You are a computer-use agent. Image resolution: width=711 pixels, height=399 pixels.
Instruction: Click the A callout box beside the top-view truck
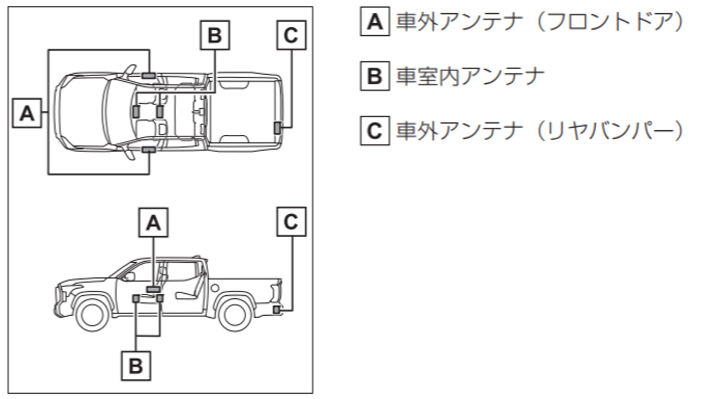pos(27,113)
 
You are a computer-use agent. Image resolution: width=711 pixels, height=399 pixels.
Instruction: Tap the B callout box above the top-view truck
pos(214,35)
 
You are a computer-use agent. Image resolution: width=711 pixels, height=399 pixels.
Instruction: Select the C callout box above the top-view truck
pos(291,35)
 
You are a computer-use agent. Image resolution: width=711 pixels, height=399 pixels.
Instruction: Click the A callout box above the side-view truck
pos(153,223)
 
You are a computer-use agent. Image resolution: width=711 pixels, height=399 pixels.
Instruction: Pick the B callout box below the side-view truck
pos(136,366)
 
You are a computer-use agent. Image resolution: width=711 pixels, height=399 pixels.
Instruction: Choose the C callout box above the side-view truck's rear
pos(291,222)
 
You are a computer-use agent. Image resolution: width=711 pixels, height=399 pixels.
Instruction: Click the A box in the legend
pos(375,22)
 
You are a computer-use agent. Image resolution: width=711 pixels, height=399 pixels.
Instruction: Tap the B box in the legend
pos(375,76)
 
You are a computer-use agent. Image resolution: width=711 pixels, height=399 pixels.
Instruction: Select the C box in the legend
pos(375,131)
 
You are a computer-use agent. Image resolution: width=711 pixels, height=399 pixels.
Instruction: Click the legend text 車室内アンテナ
pos(470,76)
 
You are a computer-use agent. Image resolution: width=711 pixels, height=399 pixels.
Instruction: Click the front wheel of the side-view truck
pos(92,314)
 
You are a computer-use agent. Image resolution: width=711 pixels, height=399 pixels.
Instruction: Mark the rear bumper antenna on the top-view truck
pos(277,128)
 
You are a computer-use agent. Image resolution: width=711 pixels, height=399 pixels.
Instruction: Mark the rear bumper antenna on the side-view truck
pos(277,309)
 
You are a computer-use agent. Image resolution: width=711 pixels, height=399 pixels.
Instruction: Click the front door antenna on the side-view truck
pos(153,289)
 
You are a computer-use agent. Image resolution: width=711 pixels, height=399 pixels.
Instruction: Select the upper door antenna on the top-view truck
pos(149,75)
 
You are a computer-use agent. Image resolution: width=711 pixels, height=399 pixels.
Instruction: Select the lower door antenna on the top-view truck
pos(149,150)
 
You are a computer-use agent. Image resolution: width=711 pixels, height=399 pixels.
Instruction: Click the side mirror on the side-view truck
pos(130,276)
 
